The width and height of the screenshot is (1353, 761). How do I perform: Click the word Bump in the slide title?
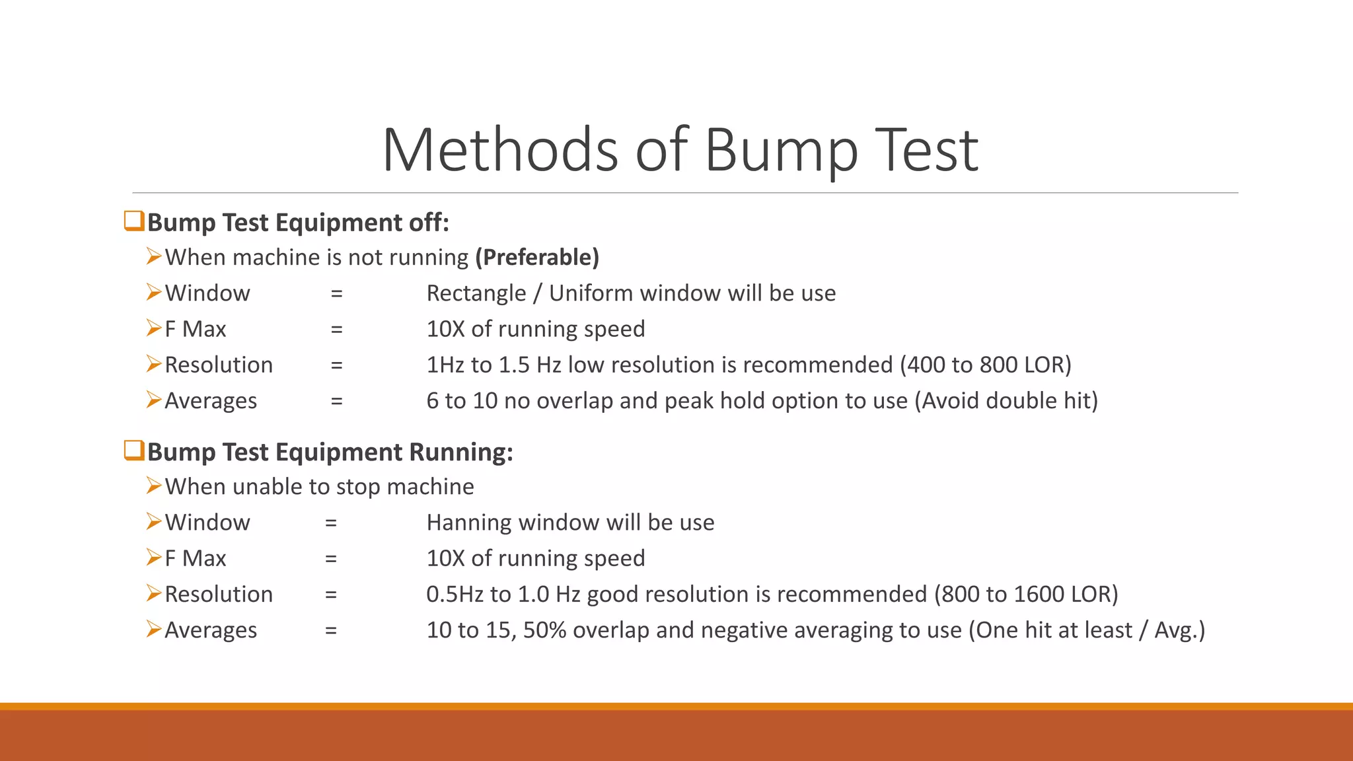781,151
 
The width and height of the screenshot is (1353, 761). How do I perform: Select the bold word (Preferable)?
537,257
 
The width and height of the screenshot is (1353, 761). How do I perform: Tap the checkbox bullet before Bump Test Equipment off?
134,221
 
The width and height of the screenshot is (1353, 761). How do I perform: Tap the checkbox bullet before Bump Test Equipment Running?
134,451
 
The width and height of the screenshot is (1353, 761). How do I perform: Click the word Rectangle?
476,293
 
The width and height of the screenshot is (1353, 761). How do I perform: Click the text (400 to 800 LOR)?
986,365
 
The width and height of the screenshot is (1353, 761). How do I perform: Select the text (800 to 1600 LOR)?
1026,595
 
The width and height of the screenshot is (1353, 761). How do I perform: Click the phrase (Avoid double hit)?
1006,401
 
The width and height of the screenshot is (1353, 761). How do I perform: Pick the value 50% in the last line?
544,630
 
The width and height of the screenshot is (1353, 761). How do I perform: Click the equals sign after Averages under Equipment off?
337,401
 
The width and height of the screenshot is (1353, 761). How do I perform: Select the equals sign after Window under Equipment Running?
331,523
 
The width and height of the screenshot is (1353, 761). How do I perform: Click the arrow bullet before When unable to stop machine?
154,486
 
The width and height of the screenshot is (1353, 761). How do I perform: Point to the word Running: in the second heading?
461,453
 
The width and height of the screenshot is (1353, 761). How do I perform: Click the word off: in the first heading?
429,223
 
